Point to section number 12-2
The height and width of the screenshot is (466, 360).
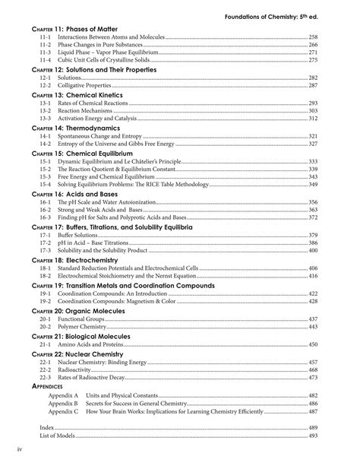(43, 87)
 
